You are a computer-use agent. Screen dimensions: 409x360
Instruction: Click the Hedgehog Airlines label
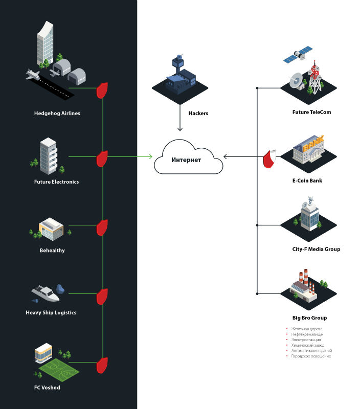click(x=57, y=113)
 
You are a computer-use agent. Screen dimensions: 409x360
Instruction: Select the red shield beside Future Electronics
click(x=103, y=158)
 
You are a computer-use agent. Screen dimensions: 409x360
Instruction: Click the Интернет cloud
click(x=188, y=160)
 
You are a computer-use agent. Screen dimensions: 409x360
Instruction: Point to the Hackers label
click(x=198, y=113)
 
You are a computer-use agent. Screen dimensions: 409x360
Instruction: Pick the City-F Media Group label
click(x=312, y=249)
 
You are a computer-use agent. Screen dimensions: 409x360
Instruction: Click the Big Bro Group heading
click(x=306, y=317)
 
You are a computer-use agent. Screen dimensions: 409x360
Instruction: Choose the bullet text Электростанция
click(x=306, y=339)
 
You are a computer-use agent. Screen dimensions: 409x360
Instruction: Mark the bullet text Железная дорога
click(x=307, y=329)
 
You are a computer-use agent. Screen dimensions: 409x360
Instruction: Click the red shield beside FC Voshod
click(x=103, y=366)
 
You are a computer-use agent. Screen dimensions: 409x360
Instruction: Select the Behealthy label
click(x=52, y=251)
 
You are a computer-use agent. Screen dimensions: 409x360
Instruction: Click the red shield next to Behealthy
click(x=103, y=228)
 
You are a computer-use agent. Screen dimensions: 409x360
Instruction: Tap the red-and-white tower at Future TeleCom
click(x=315, y=77)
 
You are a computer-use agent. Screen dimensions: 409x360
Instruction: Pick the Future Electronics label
click(x=56, y=181)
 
